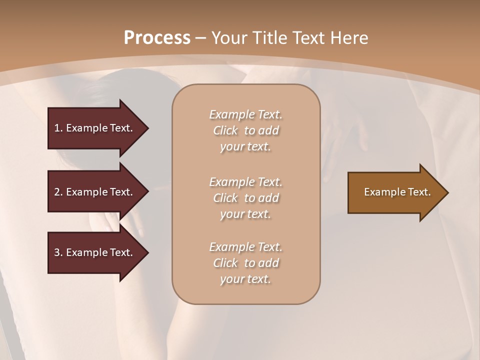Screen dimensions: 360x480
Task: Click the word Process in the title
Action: (x=157, y=38)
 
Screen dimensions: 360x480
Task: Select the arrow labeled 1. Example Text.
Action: (x=95, y=128)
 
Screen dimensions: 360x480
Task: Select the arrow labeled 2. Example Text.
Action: (x=95, y=192)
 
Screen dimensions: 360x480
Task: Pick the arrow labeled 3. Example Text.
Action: (x=95, y=252)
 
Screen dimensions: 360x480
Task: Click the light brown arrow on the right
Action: (x=395, y=192)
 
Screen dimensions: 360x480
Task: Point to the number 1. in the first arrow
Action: (x=58, y=128)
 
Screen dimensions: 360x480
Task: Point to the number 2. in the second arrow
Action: (x=58, y=192)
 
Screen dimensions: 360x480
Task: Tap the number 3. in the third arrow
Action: (x=58, y=252)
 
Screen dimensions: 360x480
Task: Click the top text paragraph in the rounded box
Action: (x=245, y=130)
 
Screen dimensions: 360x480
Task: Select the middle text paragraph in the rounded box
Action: (x=245, y=197)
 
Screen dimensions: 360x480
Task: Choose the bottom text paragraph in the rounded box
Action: (x=245, y=263)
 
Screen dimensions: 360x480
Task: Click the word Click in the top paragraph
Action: (x=225, y=130)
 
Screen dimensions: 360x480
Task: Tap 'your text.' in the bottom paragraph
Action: (x=245, y=279)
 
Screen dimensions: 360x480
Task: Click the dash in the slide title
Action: (x=200, y=38)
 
